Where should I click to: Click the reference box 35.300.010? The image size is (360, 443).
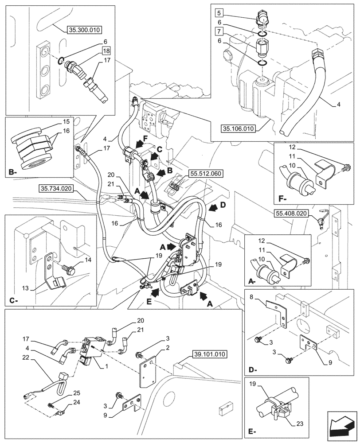[x=85, y=30]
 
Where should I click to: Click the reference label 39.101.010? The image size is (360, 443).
[x=208, y=354]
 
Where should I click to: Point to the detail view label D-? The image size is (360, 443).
[x=252, y=369]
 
